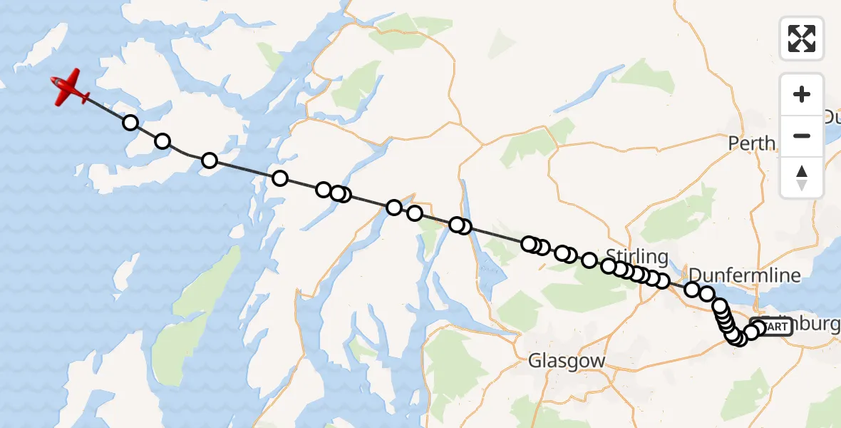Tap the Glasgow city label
pos(567,361)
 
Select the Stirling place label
pos(637,257)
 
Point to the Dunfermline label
pos(744,275)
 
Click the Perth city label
pos(751,143)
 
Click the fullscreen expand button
pos(802,39)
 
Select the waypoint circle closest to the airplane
pos(130,123)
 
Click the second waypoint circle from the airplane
pos(162,141)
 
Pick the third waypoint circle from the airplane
pos(209,160)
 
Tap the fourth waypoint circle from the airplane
pos(279,178)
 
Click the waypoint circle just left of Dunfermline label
pos(692,289)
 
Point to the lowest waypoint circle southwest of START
pos(738,338)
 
